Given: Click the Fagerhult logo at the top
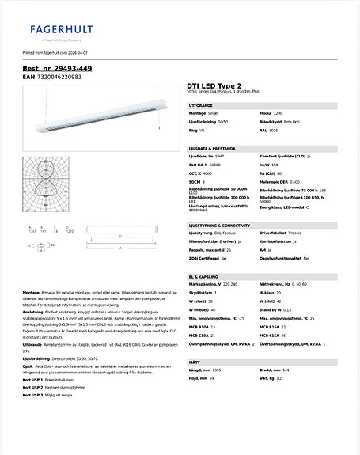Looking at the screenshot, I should click(62, 31).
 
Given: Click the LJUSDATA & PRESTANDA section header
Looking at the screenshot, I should click(214, 147).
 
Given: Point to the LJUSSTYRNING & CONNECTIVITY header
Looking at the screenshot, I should click(225, 225).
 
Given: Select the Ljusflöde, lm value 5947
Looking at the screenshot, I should click(219, 157).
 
